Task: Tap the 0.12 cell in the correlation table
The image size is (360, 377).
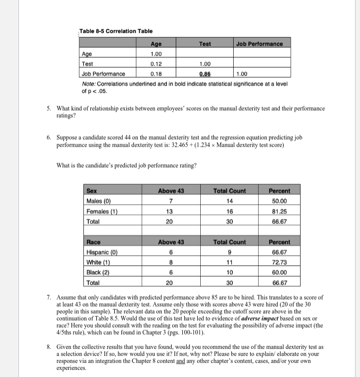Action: click(156, 63)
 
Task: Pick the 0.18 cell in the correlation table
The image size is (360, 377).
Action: click(156, 73)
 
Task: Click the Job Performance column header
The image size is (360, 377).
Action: click(259, 44)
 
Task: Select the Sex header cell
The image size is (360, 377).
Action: click(91, 190)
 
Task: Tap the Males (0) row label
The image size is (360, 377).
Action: click(100, 201)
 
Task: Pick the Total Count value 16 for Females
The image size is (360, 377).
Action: click(227, 211)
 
